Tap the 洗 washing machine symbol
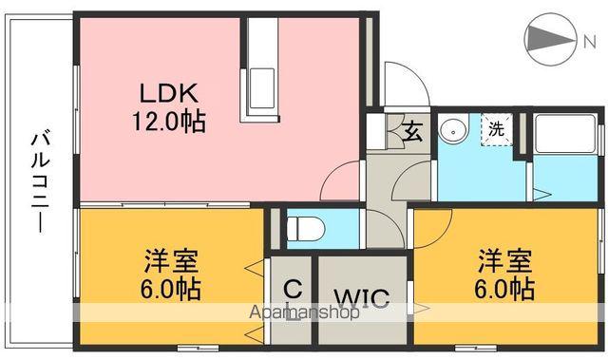(496, 129)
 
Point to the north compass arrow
(548, 39)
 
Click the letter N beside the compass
(588, 39)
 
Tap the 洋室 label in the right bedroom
(504, 258)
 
